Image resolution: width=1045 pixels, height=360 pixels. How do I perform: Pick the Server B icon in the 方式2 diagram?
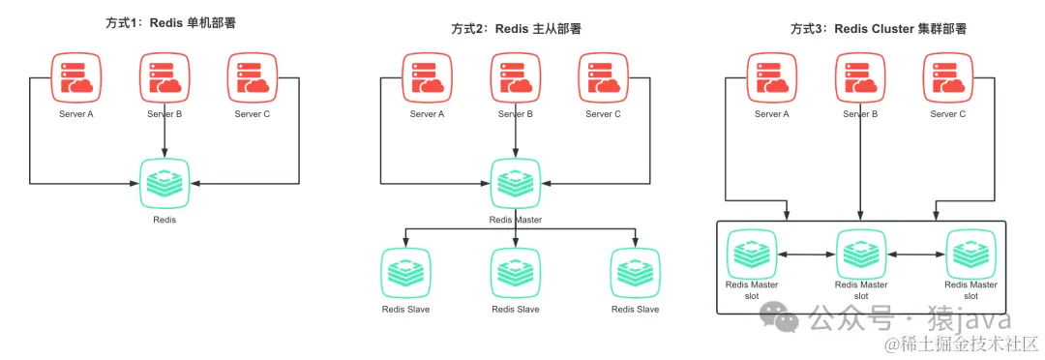[x=515, y=76]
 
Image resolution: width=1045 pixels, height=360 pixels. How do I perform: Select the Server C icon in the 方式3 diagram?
[x=948, y=76]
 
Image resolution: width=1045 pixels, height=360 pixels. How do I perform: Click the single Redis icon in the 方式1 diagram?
[x=164, y=181]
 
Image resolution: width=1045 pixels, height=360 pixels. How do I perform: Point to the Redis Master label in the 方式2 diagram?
[x=515, y=220]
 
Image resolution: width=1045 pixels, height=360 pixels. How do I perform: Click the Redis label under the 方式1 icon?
[x=164, y=220]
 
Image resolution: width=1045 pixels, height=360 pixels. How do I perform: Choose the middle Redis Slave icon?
[x=515, y=272]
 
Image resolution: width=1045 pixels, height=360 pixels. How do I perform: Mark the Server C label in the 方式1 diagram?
[x=254, y=114]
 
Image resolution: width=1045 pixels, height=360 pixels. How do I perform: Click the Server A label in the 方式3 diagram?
[x=771, y=114]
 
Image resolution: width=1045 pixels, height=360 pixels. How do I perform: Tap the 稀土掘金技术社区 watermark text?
[x=969, y=344]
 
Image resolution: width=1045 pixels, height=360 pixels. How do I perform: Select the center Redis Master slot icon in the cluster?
[x=860, y=254]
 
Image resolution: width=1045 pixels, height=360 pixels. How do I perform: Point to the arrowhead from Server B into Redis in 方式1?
[x=164, y=155]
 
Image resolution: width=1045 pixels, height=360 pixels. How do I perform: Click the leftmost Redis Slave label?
[x=405, y=310]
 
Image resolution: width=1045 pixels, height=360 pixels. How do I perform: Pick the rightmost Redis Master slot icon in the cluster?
[x=970, y=254]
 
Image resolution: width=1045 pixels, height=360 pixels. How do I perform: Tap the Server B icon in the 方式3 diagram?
[x=860, y=76]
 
